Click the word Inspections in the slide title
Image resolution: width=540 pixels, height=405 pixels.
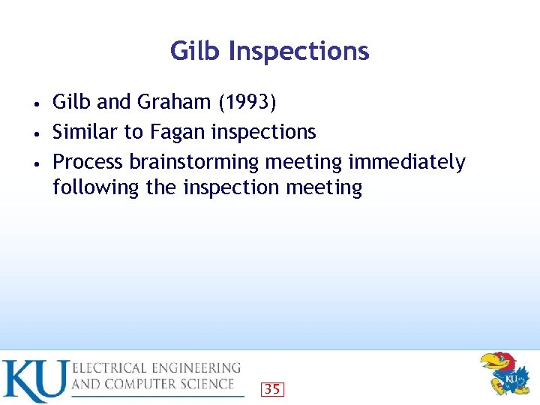coord(298,52)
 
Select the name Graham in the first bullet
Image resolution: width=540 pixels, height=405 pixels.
coord(174,102)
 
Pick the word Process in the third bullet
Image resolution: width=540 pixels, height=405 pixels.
coord(88,162)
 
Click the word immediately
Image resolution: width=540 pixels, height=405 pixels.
coord(406,163)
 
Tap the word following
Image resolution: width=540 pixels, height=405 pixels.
coord(96,187)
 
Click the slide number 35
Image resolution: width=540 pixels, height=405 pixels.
coord(272,388)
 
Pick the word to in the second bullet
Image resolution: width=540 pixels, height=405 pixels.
coord(133,133)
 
